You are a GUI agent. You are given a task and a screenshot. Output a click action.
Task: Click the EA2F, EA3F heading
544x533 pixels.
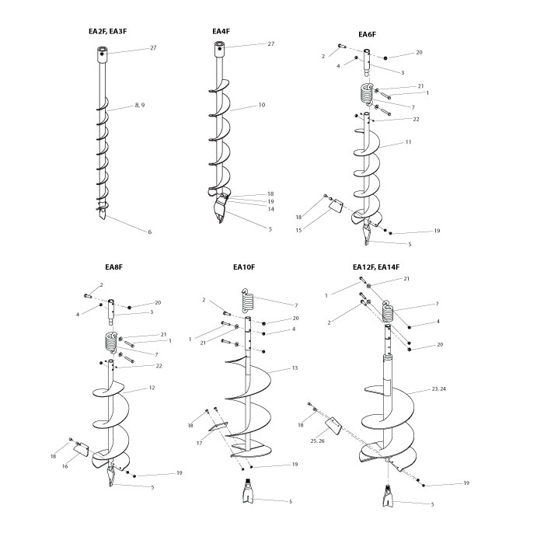(x=108, y=31)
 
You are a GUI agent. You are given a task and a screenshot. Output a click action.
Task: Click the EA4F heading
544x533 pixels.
(x=221, y=31)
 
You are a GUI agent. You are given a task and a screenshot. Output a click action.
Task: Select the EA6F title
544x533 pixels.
(x=367, y=34)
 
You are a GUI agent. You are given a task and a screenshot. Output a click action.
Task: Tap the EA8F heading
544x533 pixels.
(x=114, y=267)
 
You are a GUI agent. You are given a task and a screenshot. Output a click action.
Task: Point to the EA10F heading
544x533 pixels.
(x=244, y=267)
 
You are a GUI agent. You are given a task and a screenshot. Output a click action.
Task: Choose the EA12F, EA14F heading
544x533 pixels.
(x=376, y=267)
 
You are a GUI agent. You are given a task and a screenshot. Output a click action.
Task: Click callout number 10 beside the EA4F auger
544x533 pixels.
(x=261, y=104)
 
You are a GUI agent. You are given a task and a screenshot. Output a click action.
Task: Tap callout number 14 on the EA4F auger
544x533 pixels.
(x=270, y=209)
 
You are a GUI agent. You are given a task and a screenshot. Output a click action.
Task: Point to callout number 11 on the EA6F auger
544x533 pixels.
(x=407, y=143)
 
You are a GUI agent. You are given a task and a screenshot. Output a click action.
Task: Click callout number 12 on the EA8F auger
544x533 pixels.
(x=152, y=388)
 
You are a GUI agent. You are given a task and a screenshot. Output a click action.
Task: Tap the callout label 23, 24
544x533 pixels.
(x=438, y=388)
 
